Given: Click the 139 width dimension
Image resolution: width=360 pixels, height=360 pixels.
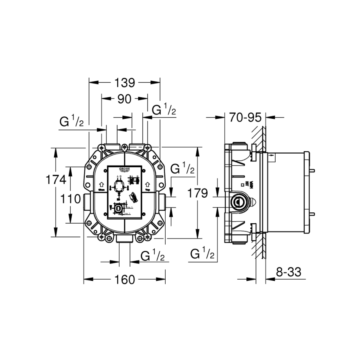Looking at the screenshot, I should coord(124,83).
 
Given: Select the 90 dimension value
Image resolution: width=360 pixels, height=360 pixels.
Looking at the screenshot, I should coord(124,99).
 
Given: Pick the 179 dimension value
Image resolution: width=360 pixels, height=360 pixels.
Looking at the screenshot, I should coord(198,194).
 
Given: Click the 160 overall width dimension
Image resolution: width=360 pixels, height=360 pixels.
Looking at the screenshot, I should coord(124,280).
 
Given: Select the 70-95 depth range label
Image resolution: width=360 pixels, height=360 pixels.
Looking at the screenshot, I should coord(245,118).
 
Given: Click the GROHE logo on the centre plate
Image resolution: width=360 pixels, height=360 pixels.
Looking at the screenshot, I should coord(125,171).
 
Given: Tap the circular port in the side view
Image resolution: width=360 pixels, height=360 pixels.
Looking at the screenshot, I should coord(239,202).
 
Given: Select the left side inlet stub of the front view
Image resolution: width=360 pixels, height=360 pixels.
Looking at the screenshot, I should coord(87,202).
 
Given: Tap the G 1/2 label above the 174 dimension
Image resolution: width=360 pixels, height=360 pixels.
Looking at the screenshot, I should coord(72,121).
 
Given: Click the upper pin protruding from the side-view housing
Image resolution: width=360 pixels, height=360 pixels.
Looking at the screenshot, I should coord(312,171).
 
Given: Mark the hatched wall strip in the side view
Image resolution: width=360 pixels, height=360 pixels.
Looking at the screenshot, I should coord(260,192).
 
